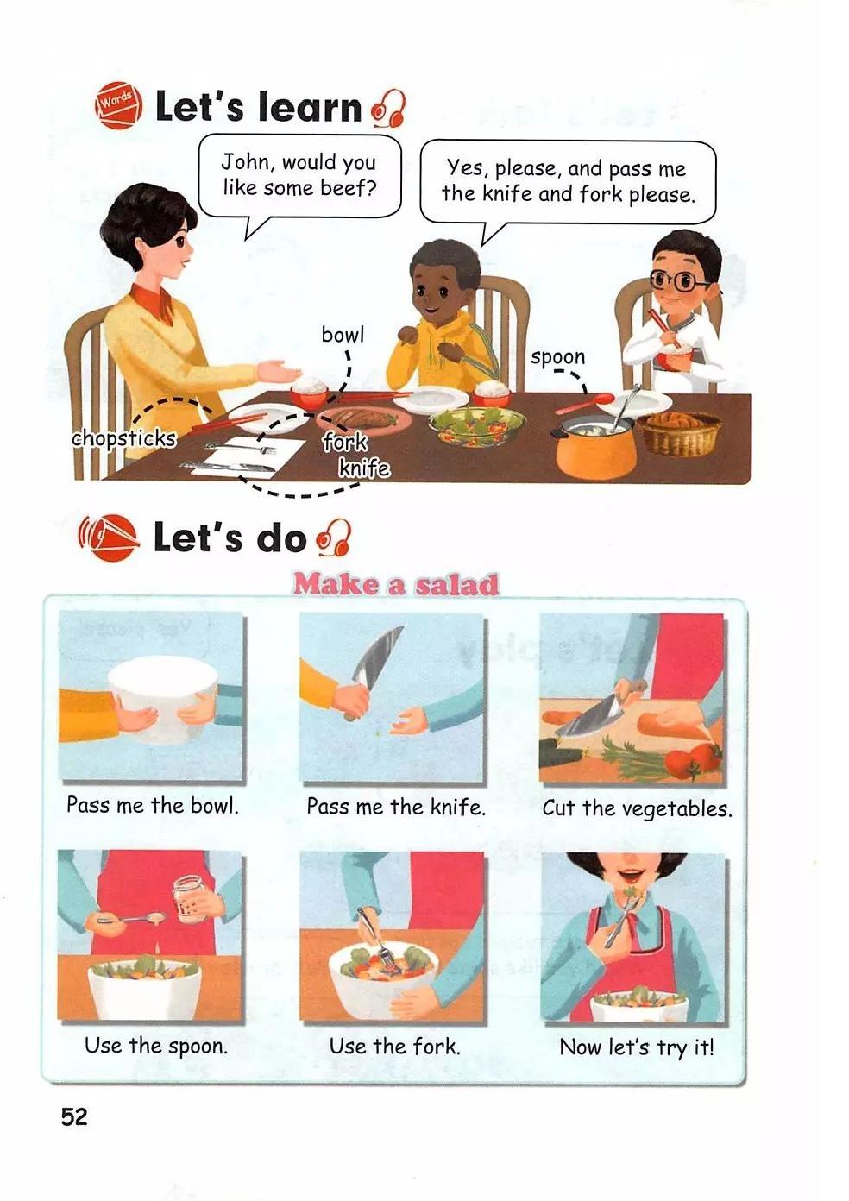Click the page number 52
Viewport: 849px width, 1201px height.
point(74,1116)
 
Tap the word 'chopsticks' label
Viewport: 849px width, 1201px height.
point(124,438)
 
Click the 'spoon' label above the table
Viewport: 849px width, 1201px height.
point(557,357)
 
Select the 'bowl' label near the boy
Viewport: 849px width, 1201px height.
point(343,335)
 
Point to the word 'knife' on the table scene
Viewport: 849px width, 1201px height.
point(364,468)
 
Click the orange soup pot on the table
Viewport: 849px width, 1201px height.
point(595,447)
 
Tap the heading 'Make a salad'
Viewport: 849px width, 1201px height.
point(396,585)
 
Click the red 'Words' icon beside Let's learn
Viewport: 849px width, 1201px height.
point(118,105)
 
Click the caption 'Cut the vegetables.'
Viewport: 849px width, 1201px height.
point(637,808)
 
